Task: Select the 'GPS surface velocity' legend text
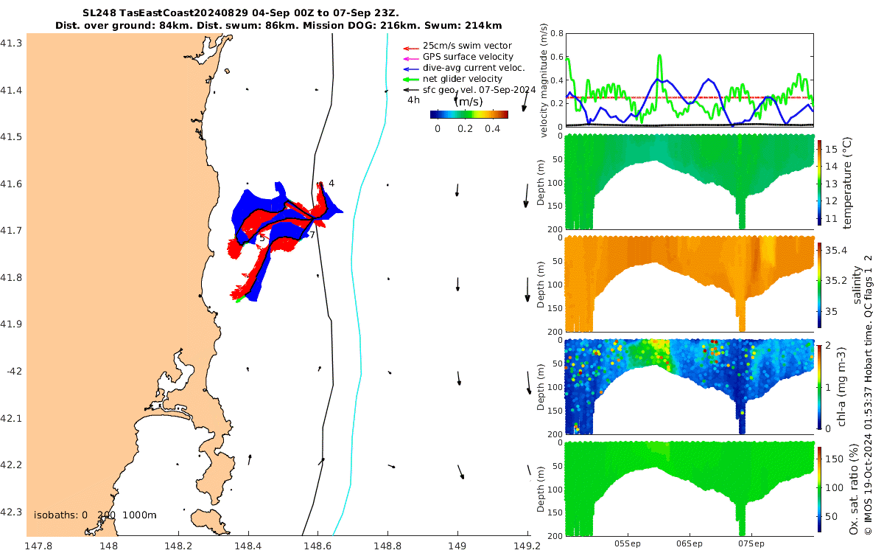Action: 468,57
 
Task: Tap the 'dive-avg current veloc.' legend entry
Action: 473,68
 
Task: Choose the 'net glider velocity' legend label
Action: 462,79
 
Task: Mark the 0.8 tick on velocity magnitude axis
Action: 555,34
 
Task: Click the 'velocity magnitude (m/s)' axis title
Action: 544,80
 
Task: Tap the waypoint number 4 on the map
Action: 331,184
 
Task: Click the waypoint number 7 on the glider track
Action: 312,235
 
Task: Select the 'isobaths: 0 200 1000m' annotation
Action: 95,514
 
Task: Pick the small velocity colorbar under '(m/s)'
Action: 469,114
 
